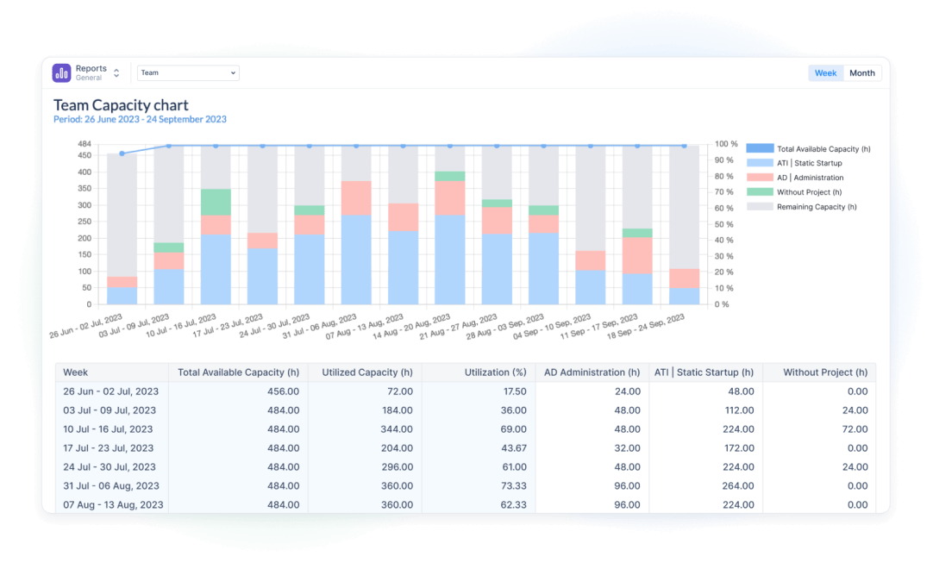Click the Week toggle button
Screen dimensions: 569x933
(825, 73)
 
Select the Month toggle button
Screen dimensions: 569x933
(861, 73)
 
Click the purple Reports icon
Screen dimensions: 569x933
(61, 73)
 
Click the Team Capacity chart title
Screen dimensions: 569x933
(121, 105)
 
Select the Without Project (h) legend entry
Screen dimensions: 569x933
(808, 192)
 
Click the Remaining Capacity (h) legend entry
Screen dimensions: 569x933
(816, 207)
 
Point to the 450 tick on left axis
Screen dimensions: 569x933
(85, 155)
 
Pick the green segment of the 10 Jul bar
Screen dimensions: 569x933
(216, 202)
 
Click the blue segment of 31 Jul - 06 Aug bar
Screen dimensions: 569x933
(356, 259)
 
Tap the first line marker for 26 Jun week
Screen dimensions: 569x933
(122, 153)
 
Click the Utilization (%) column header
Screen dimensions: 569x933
(494, 372)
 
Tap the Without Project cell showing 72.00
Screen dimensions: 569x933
(850, 429)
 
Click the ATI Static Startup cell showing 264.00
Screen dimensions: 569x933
(738, 486)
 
